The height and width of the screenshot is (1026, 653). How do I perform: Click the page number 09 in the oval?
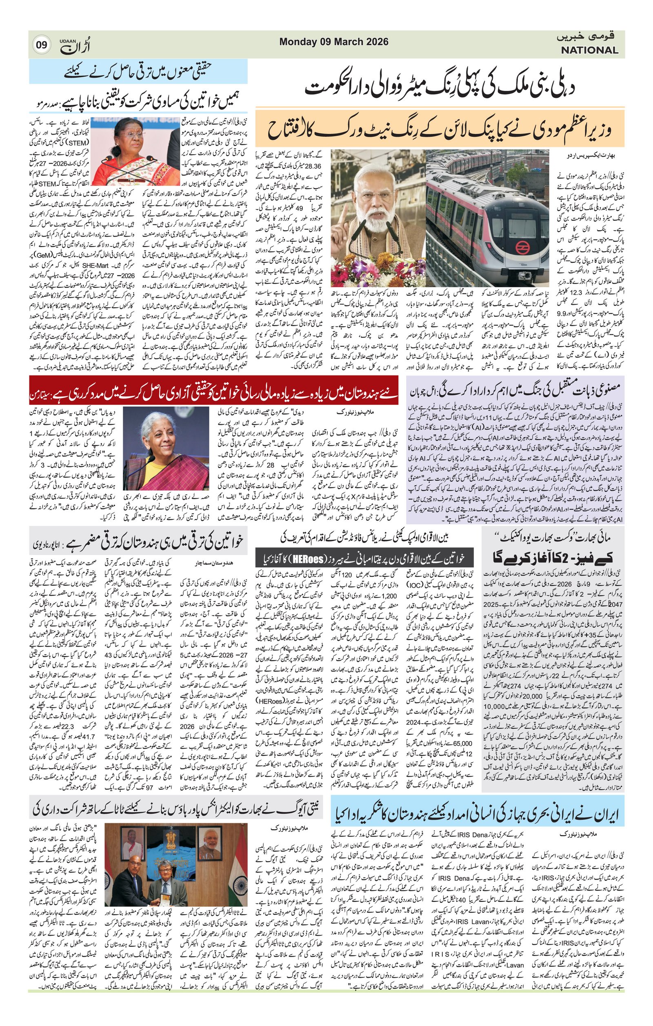click(41, 45)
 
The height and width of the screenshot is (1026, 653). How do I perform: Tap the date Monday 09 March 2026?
click(334, 42)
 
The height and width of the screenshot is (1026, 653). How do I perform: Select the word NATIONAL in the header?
click(589, 50)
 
